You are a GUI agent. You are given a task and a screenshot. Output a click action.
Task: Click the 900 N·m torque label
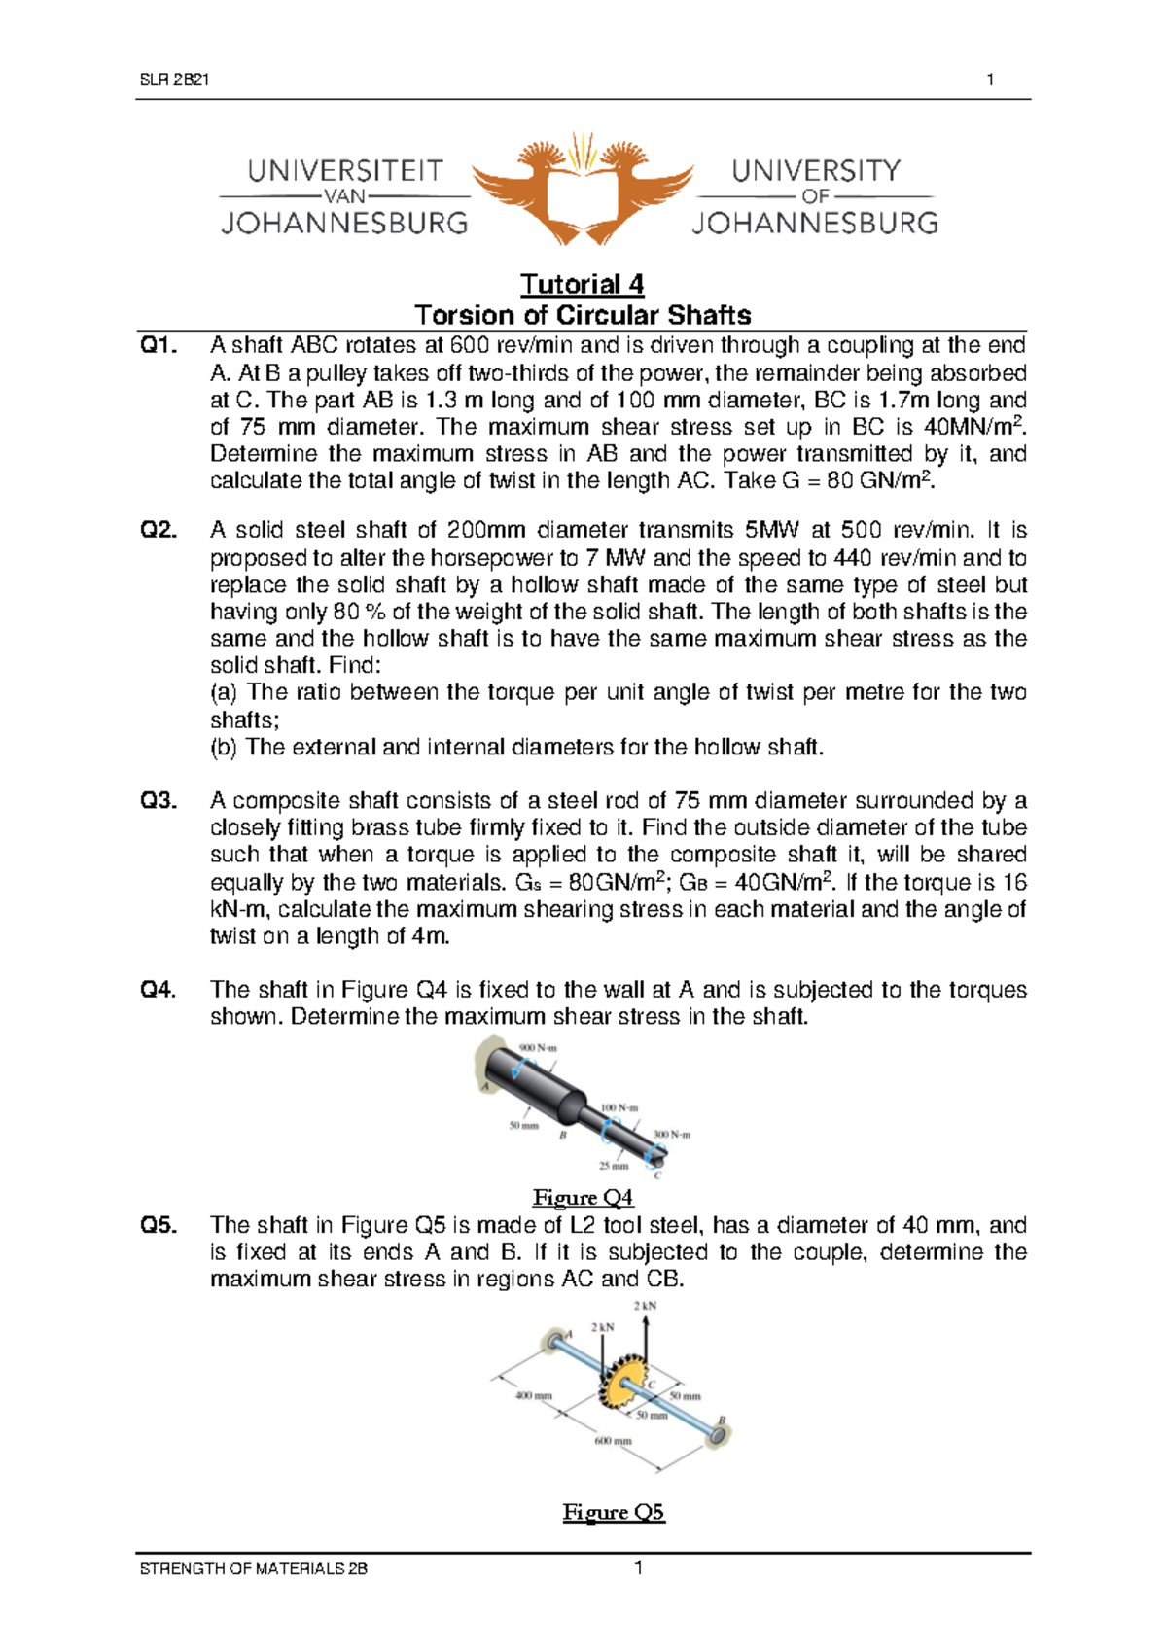(539, 1048)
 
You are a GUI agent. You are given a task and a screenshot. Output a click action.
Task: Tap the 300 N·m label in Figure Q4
(671, 1135)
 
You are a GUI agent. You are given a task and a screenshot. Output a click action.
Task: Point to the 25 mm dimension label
(613, 1165)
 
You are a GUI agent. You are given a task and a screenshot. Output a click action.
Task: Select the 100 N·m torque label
(619, 1107)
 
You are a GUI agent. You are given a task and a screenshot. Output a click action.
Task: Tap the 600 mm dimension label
(613, 1440)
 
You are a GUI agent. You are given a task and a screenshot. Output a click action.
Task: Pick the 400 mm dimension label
(533, 1395)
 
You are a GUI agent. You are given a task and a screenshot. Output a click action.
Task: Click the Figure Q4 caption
(583, 1197)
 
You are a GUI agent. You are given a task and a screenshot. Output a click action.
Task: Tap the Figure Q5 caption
(614, 1512)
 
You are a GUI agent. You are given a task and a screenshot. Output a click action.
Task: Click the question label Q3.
(159, 800)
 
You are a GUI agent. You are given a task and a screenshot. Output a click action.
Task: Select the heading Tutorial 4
(582, 284)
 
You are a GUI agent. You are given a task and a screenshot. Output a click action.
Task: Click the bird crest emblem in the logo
(583, 187)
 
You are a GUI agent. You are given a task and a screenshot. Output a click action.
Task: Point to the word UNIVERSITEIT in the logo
(345, 171)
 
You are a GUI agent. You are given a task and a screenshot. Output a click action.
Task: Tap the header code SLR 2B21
(175, 80)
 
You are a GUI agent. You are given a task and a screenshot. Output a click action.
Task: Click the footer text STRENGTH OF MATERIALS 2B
(254, 1568)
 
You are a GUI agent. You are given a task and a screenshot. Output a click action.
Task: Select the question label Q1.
(159, 345)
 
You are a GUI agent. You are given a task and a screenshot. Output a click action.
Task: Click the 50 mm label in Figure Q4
(523, 1125)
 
